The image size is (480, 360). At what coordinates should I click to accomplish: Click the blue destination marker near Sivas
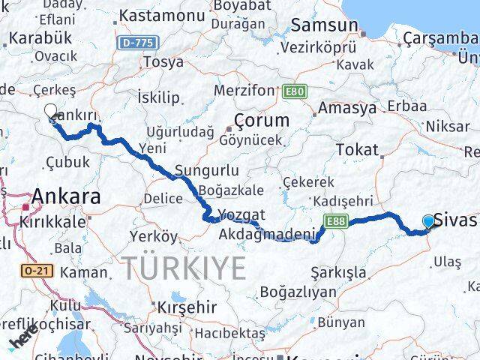(428, 221)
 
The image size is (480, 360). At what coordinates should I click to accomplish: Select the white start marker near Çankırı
(50, 112)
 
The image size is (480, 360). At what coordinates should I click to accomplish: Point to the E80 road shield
(295, 91)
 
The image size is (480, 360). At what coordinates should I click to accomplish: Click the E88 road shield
(334, 221)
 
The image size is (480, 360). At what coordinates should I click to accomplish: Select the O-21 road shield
(36, 270)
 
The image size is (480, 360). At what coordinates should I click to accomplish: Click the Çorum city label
(261, 120)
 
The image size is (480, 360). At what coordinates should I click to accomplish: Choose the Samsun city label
(324, 25)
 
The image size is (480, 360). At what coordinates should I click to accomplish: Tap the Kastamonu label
(161, 14)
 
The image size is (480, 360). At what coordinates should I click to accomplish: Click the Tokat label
(357, 150)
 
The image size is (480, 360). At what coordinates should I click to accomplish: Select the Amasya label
(346, 108)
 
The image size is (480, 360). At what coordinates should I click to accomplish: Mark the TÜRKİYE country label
(184, 267)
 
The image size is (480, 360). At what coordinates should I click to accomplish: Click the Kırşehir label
(187, 307)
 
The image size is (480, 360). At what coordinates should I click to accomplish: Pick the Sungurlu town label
(207, 170)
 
